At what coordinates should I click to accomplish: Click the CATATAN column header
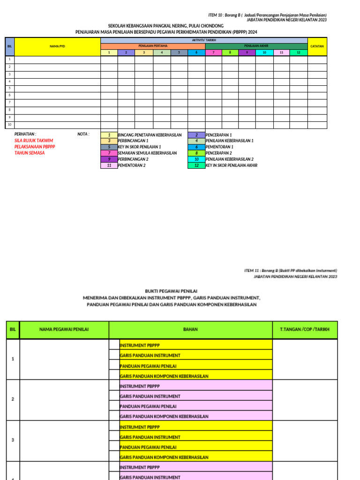pyautogui.click(x=317, y=46)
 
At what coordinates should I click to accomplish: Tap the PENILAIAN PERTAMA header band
pyautogui.click(x=152, y=46)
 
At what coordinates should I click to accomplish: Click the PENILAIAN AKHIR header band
pyautogui.click(x=256, y=46)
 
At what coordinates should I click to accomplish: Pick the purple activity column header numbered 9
pyautogui.click(x=247, y=52)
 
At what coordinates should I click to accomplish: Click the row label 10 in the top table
pyautogui.click(x=9, y=125)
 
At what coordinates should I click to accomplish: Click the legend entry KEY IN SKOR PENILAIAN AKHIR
pyautogui.click(x=231, y=165)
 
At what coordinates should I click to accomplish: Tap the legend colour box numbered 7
pyautogui.click(x=109, y=153)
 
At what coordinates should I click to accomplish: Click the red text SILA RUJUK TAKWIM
pyautogui.click(x=34, y=141)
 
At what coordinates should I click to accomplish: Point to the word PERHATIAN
pyautogui.click(x=25, y=134)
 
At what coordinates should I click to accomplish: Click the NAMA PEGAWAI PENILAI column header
pyautogui.click(x=65, y=330)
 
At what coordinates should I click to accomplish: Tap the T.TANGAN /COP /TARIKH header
pyautogui.click(x=305, y=330)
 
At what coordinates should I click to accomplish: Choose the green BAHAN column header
pyautogui.click(x=190, y=330)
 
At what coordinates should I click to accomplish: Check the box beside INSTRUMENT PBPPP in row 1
pyautogui.click(x=114, y=345)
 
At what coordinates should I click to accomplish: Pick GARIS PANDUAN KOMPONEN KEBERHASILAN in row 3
pyautogui.click(x=164, y=457)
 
